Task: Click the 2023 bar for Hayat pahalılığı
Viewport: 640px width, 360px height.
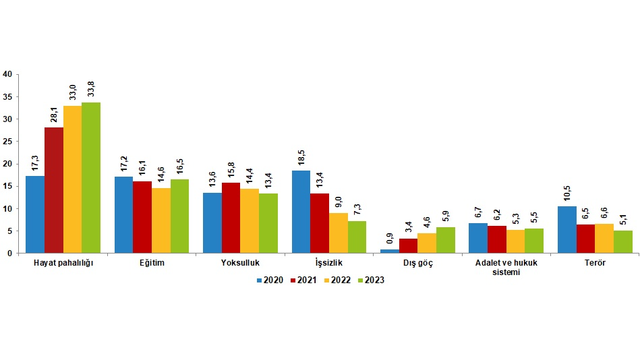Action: click(91, 178)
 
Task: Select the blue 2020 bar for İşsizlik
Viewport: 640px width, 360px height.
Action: click(301, 212)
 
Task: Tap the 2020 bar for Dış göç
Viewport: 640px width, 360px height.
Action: click(389, 251)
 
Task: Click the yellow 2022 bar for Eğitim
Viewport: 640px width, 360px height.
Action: click(161, 220)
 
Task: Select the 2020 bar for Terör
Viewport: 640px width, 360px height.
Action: click(567, 229)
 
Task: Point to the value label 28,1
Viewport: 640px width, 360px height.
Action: click(54, 114)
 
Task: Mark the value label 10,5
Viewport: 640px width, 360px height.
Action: click(567, 193)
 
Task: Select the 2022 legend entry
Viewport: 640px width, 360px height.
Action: click(337, 280)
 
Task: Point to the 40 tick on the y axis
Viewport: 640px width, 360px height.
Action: click(8, 75)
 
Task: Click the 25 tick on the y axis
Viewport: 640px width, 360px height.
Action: click(8, 142)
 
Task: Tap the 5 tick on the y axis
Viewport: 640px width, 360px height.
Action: click(10, 231)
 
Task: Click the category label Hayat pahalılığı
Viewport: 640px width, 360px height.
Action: click(63, 263)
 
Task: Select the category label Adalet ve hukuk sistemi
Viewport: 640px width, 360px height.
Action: click(506, 268)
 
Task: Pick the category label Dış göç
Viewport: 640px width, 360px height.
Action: click(417, 263)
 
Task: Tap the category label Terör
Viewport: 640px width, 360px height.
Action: click(595, 263)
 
